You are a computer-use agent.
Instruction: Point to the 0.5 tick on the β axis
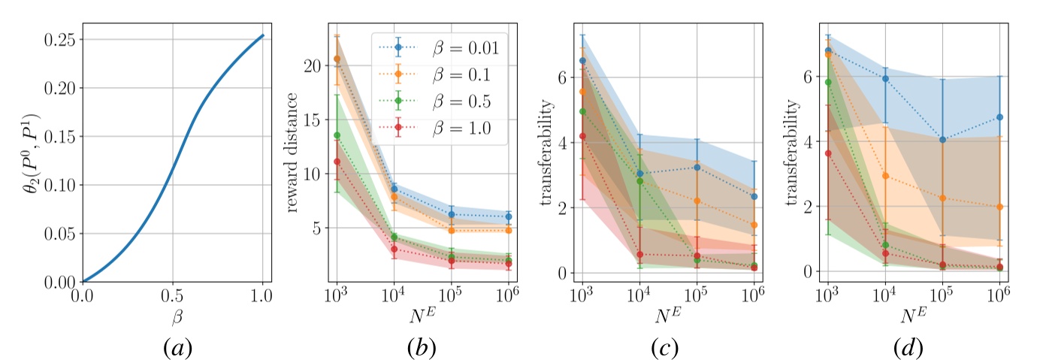point(172,295)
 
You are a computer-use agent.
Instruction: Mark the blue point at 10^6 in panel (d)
point(999,117)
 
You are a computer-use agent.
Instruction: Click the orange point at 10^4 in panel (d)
point(885,176)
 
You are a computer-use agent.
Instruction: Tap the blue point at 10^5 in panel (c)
point(697,167)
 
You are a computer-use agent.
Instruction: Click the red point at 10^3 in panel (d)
point(828,153)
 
